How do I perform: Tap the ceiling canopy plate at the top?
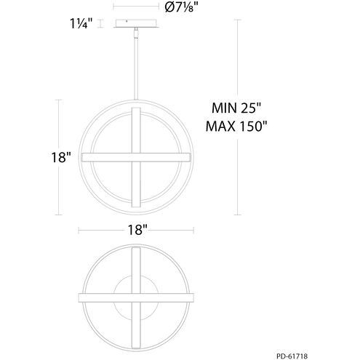[x=136, y=24]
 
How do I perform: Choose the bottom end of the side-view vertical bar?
[x=136, y=209]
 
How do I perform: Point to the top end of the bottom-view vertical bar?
[x=136, y=249]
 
